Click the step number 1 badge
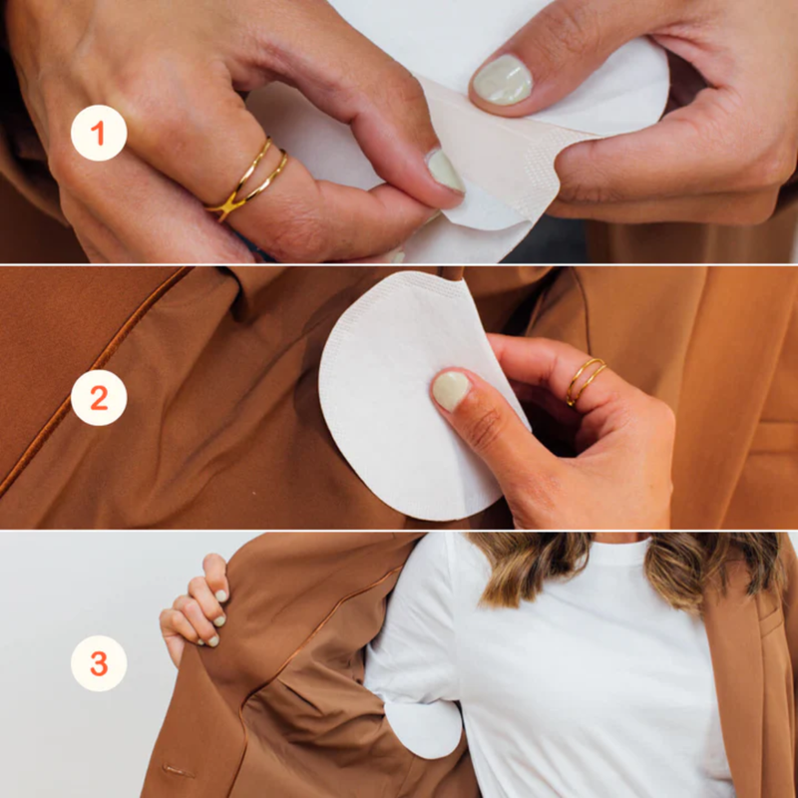pyautogui.click(x=99, y=133)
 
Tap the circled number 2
pyautogui.click(x=99, y=398)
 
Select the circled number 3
pyautogui.click(x=99, y=663)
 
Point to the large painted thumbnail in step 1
pyautogui.click(x=502, y=80)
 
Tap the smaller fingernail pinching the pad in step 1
pyautogui.click(x=446, y=171)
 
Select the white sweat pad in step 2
pyautogui.click(x=399, y=399)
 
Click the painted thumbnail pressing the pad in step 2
pyautogui.click(x=451, y=390)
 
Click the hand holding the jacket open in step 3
pyautogui.click(x=195, y=608)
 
